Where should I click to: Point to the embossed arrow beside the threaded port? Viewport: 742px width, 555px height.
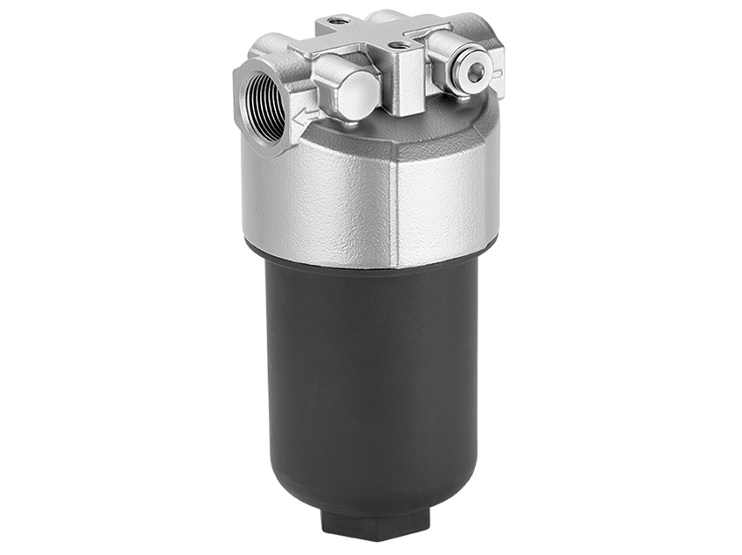(304, 115)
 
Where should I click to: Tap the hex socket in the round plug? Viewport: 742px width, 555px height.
(474, 73)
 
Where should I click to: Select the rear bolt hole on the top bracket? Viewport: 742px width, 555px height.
(339, 20)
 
